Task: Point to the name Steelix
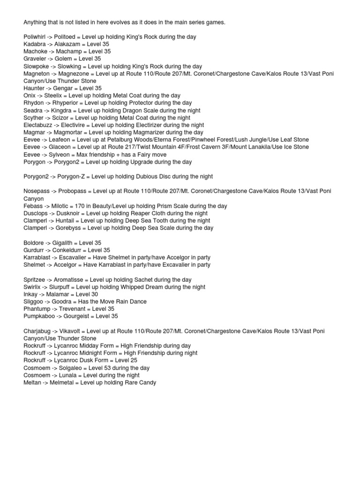click(52, 96)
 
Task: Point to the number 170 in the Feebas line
click(80, 206)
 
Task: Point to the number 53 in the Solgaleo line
click(104, 368)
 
